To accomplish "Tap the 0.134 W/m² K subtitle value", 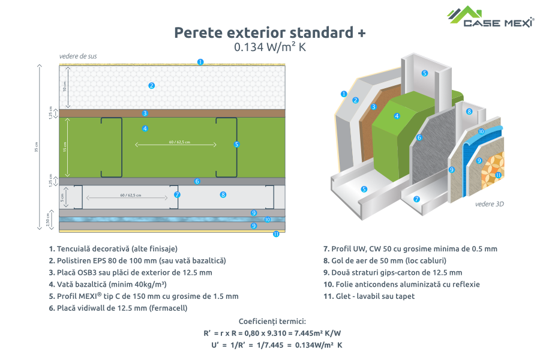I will coord(270,47).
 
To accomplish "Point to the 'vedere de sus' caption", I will coord(78,56).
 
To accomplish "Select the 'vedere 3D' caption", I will coord(489,204).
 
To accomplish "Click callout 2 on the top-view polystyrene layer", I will coord(152,86).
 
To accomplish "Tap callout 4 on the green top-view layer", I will coord(145,128).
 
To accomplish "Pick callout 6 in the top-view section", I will coord(197,181).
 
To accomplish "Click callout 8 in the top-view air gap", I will coord(223,194).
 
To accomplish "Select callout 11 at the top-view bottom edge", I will coord(276,235).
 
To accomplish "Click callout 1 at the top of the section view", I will coord(200,62).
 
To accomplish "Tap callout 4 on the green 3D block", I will coord(397,116).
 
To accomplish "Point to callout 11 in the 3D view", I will coord(498,175).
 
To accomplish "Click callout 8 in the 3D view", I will coord(469,112).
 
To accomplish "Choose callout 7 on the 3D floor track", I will coord(417,199).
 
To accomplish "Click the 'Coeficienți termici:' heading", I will coord(272,322).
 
